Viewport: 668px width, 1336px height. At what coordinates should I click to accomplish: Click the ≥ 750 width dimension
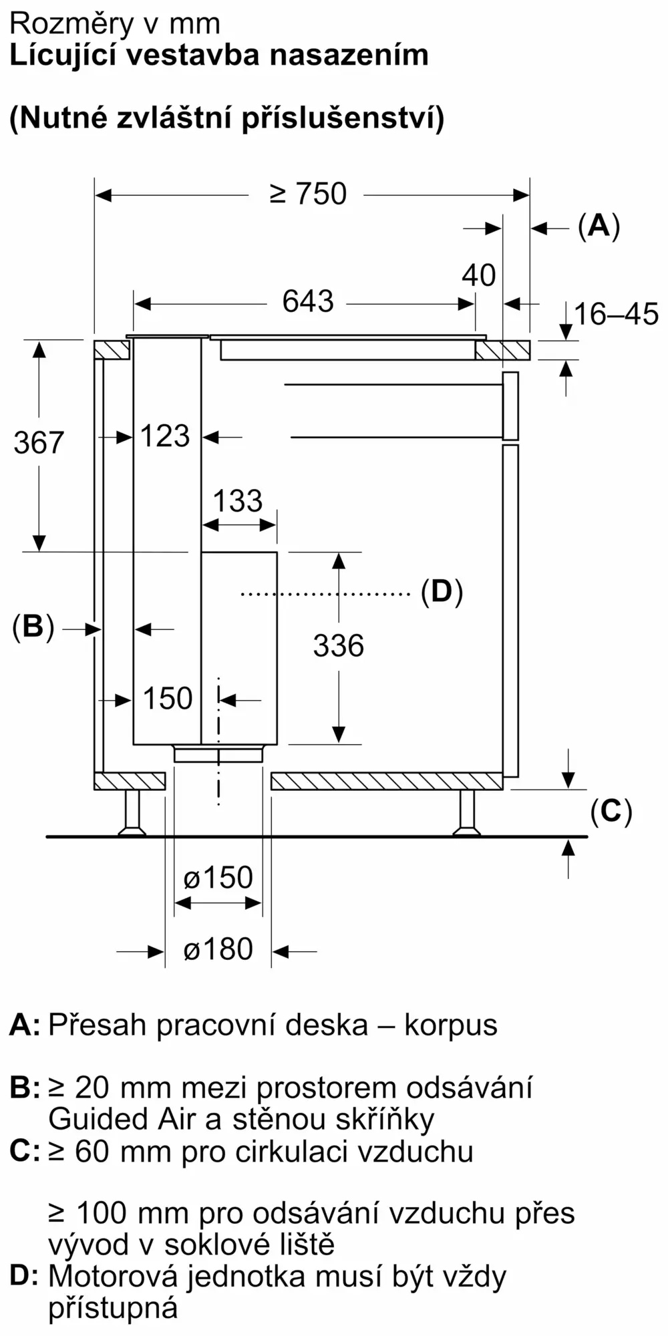point(308,194)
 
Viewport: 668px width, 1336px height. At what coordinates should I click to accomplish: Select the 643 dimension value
point(308,301)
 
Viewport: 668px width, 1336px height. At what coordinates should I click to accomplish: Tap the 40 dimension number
point(479,275)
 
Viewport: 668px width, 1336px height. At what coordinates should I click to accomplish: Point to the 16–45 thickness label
point(616,314)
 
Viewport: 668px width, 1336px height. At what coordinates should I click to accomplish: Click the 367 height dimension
point(39,443)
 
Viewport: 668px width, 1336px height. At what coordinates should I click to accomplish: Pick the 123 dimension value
point(166,436)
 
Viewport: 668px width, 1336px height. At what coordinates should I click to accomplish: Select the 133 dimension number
point(238,501)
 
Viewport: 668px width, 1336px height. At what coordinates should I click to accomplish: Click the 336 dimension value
point(339,646)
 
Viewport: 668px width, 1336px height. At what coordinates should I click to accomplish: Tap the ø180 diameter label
point(218,949)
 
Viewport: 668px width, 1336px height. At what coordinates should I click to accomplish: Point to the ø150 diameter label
point(218,878)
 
